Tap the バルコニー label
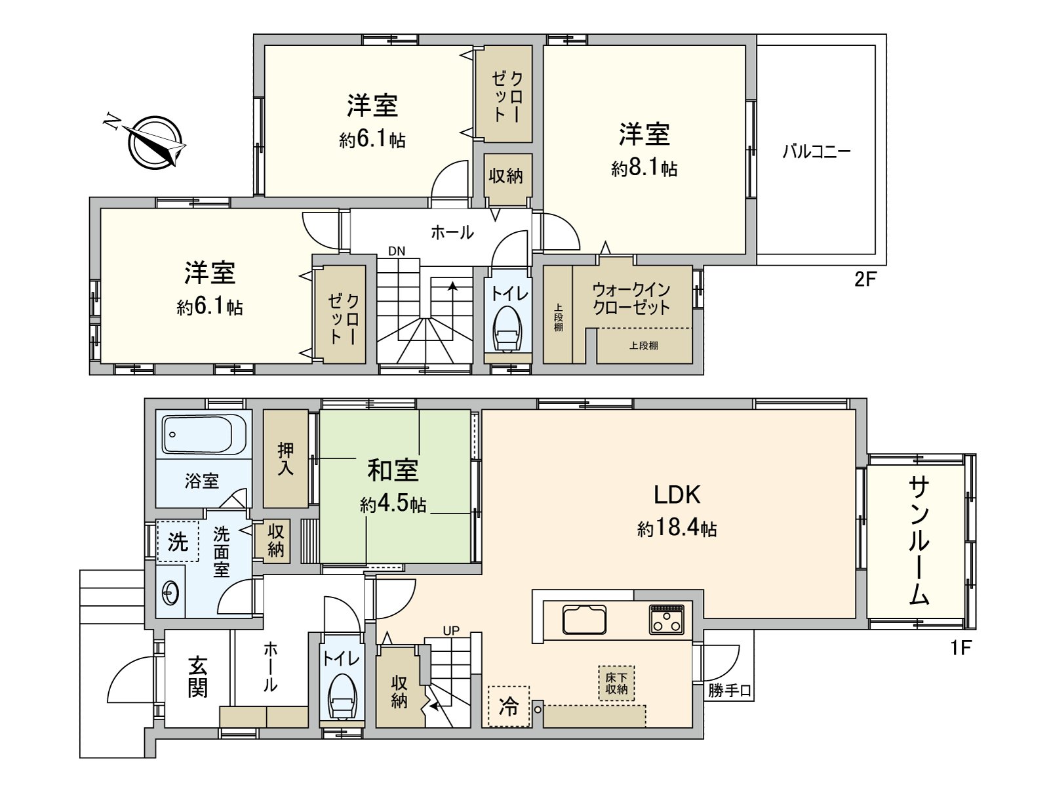pos(816,152)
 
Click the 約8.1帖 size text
pos(644,169)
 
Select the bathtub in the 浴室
pos(203,434)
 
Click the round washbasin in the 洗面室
pos(171,594)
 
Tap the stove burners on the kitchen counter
pos(667,619)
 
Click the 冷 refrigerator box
pos(509,706)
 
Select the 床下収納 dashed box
pos(616,683)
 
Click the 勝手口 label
pos(729,691)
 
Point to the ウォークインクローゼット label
pos(631,298)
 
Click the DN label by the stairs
pos(396,251)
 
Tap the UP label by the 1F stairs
pos(451,631)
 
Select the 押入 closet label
pos(286,458)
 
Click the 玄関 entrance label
pos(197,677)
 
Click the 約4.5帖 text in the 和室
pos(393,504)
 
